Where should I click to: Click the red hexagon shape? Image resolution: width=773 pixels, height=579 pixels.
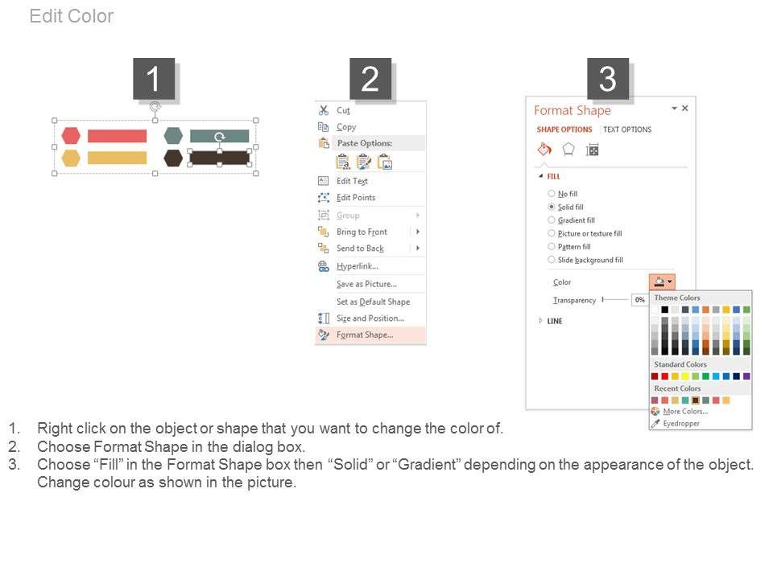[x=71, y=135]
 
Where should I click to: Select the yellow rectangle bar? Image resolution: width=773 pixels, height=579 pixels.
[x=117, y=158]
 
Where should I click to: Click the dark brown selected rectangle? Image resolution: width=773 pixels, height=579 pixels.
[x=219, y=158]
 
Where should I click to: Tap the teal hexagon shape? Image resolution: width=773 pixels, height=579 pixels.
[x=173, y=135]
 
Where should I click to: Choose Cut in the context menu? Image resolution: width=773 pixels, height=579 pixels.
[x=343, y=110]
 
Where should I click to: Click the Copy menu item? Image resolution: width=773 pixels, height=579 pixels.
[x=346, y=127]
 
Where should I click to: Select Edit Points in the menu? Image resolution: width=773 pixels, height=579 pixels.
[x=356, y=198]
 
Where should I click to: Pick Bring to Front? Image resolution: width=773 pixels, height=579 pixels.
[x=362, y=232]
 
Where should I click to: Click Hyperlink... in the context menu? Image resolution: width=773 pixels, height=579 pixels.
[x=358, y=266]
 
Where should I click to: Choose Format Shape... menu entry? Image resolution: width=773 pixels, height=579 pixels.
[x=365, y=335]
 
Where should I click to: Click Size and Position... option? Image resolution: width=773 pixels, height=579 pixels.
[x=370, y=318]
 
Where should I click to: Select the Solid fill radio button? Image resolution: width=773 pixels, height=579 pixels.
[x=551, y=207]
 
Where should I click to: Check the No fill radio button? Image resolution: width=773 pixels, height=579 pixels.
[x=551, y=194]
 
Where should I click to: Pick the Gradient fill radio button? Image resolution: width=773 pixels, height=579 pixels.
[x=551, y=220]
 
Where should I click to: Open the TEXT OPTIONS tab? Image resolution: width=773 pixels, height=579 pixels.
[x=627, y=129]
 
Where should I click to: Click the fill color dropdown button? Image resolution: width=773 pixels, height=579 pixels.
[x=662, y=282]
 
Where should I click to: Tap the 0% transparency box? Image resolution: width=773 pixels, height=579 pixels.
[x=640, y=300]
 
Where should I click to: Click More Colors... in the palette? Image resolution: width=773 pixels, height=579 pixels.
[x=685, y=412]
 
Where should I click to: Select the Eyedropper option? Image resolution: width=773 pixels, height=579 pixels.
[x=681, y=424]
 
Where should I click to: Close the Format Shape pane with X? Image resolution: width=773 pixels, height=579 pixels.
[x=684, y=109]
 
